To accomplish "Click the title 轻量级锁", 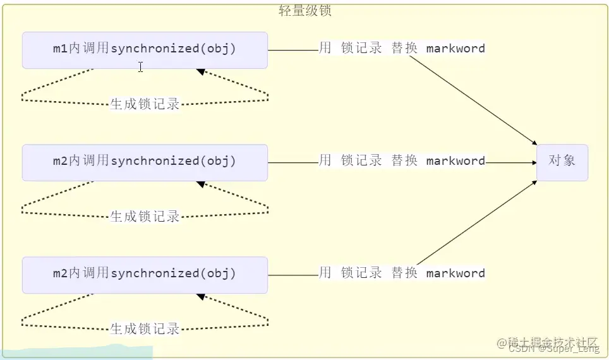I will click(305, 11).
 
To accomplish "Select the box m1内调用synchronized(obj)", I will click(145, 50).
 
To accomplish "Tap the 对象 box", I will click(562, 162).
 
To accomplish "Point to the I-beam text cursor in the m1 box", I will click(140, 67).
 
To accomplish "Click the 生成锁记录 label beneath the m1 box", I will click(145, 104).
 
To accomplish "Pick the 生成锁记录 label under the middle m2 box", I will click(145, 217).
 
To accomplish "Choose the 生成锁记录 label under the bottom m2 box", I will click(145, 329).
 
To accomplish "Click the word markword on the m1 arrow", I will click(455, 49).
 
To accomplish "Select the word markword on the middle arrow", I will click(455, 161).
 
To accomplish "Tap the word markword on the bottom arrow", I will click(455, 273).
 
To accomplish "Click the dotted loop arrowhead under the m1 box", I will click(200, 72).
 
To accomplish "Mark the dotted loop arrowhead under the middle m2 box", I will click(200, 184).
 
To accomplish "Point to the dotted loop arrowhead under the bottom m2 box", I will click(200, 297).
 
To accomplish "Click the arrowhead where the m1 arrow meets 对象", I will click(534, 143).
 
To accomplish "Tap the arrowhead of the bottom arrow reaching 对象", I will click(534, 183).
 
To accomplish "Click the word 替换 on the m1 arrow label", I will click(404, 49).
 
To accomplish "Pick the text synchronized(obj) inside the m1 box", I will click(173, 49).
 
